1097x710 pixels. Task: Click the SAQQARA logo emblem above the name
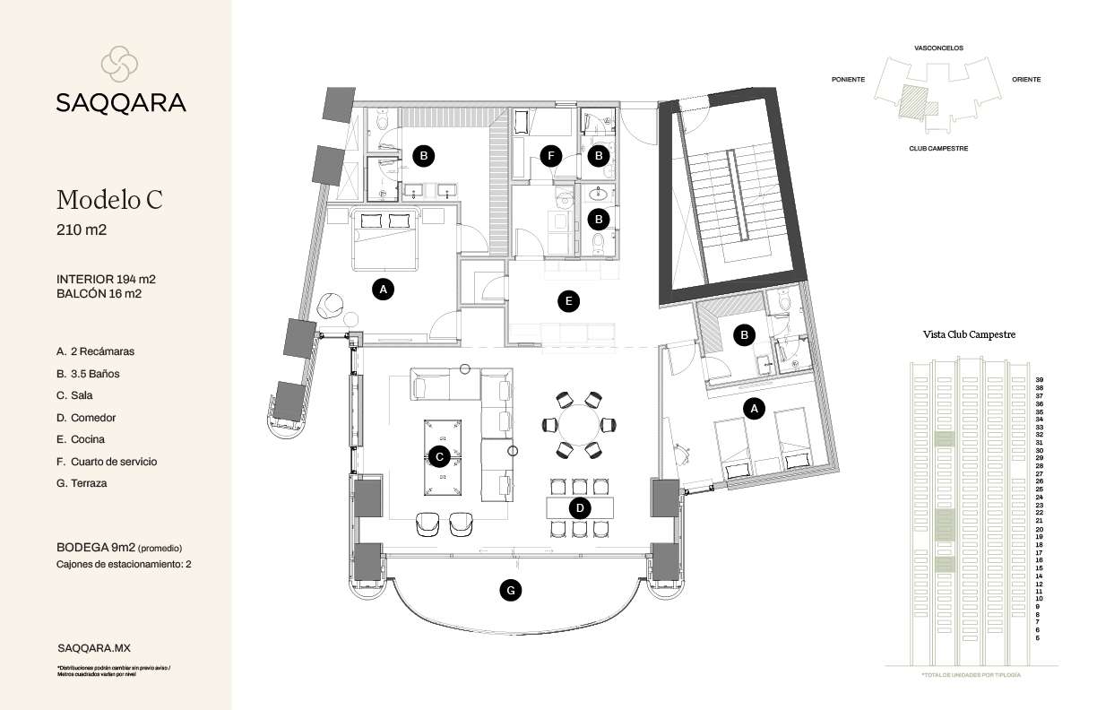pos(119,63)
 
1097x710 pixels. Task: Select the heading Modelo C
pos(109,199)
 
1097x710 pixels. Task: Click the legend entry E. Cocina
pos(80,439)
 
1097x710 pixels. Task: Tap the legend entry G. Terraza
pos(82,483)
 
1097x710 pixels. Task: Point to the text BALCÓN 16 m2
pos(99,293)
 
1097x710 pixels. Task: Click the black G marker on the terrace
pos(510,590)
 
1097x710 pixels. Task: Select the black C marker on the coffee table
pos(439,456)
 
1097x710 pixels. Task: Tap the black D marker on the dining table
pos(580,508)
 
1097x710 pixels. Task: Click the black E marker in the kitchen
pos(568,301)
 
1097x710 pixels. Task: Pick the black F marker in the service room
pos(552,156)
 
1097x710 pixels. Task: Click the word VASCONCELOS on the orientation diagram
pos(938,48)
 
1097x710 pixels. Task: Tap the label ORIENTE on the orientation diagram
pos(1026,80)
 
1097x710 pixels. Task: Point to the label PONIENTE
pos(848,80)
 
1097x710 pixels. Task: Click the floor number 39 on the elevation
pos(1038,379)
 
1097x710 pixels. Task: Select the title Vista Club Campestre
pos(969,334)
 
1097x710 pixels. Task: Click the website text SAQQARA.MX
pos(93,647)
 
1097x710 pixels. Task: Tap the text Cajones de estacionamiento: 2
pos(124,565)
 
